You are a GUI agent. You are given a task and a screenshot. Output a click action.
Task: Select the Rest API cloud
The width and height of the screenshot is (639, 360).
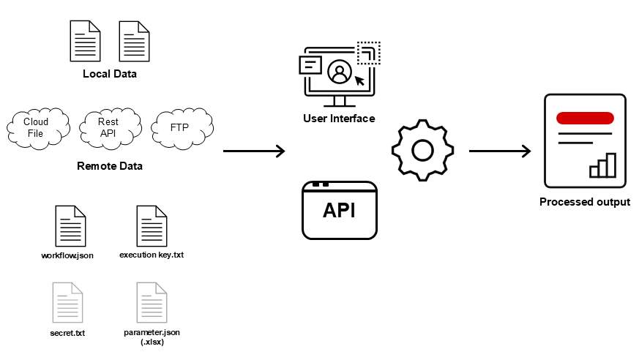click(108, 127)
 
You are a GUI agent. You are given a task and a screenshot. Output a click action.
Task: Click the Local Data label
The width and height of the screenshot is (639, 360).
click(110, 74)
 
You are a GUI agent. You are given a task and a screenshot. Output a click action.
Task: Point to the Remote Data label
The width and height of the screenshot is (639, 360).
click(110, 166)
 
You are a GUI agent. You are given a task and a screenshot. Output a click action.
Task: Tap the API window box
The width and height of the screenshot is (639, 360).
click(340, 210)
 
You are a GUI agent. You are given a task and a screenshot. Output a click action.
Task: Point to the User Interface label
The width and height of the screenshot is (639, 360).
click(339, 119)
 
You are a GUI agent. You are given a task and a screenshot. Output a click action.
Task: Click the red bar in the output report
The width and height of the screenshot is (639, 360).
click(585, 118)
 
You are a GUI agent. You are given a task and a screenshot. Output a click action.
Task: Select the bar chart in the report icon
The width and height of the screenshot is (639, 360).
click(603, 166)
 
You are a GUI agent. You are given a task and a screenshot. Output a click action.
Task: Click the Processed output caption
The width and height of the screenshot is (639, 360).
click(585, 202)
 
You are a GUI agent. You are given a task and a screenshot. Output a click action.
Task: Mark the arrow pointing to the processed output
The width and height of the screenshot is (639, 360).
click(500, 151)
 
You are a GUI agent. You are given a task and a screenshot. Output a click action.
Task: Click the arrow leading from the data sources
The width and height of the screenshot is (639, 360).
click(253, 151)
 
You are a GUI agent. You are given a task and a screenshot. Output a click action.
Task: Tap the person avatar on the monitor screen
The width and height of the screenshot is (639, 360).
click(339, 72)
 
